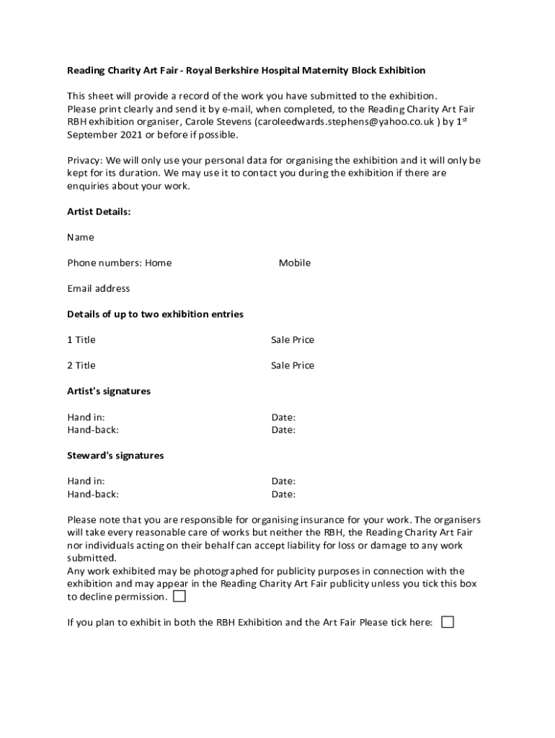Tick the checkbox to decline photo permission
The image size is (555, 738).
(x=179, y=597)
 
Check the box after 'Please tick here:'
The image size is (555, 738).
(x=448, y=622)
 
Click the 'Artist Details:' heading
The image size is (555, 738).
(x=99, y=212)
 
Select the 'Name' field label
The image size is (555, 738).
(x=81, y=237)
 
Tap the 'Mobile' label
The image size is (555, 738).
(x=295, y=263)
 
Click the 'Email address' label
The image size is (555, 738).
(x=99, y=288)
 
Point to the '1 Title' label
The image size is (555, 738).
(x=81, y=339)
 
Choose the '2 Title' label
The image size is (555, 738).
(x=81, y=365)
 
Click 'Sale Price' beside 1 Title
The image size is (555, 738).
(x=293, y=339)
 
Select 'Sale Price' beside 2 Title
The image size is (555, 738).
(x=293, y=365)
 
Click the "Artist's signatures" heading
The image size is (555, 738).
(x=109, y=391)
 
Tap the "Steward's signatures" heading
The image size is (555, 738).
(x=115, y=455)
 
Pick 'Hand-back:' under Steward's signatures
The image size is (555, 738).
(x=93, y=494)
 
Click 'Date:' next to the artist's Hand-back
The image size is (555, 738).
(x=283, y=430)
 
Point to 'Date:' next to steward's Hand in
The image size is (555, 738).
(x=283, y=481)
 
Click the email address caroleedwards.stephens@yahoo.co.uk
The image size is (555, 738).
(x=345, y=122)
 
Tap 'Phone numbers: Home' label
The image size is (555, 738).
(x=120, y=263)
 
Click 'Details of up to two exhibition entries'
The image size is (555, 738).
(x=155, y=314)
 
